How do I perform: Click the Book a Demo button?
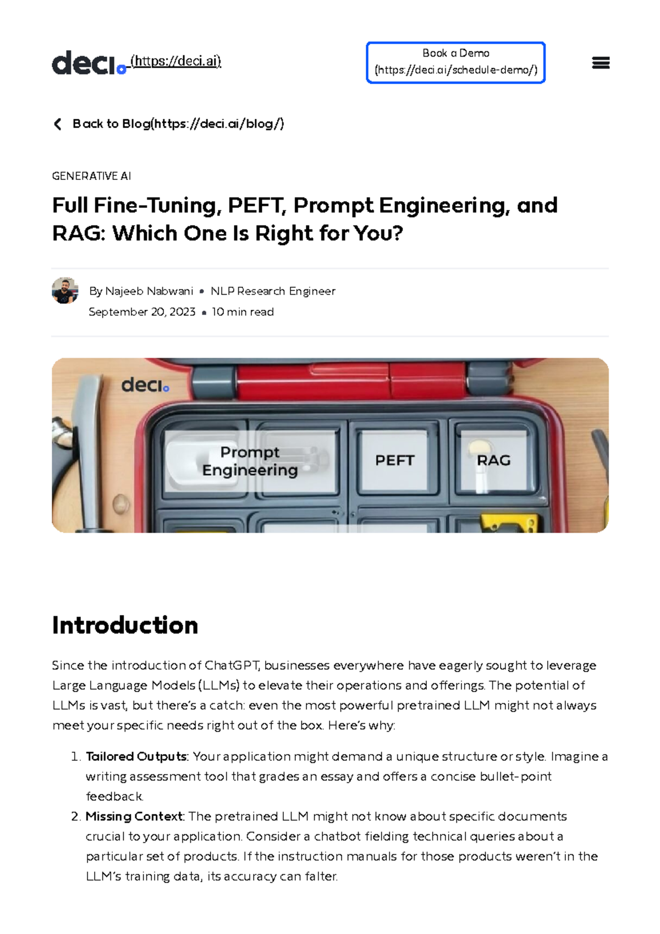click(x=455, y=62)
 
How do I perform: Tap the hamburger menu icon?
click(x=601, y=63)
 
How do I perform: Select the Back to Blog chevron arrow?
click(x=58, y=124)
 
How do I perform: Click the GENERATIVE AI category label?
click(x=91, y=176)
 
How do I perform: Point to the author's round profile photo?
click(x=65, y=290)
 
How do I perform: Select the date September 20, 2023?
click(x=142, y=312)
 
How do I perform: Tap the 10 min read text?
click(x=243, y=312)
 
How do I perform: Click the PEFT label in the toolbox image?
click(x=394, y=460)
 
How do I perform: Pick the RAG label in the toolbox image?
click(x=493, y=460)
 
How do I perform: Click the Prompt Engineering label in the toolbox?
click(x=250, y=461)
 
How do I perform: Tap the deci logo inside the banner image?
click(x=145, y=385)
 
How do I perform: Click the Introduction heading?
click(x=125, y=625)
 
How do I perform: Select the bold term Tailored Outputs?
click(x=136, y=756)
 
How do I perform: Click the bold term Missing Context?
click(x=134, y=816)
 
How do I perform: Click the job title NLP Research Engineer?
click(x=273, y=291)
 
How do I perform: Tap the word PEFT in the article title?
click(x=257, y=206)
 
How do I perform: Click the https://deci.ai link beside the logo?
click(x=175, y=61)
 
